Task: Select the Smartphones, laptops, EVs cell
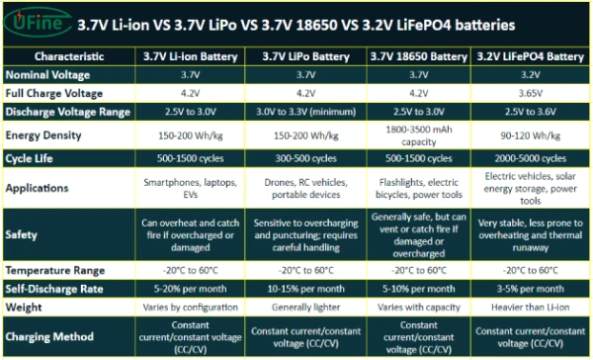pos(195,188)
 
